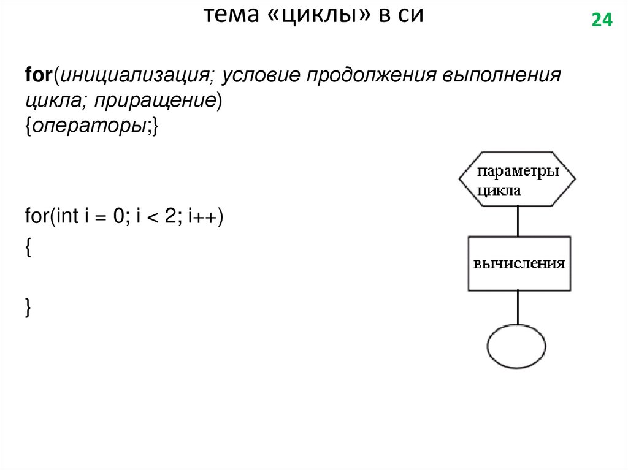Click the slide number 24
pyautogui.click(x=602, y=21)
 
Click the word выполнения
pyautogui.click(x=501, y=77)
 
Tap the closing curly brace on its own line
pyautogui.click(x=28, y=308)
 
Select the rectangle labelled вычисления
pyautogui.click(x=519, y=263)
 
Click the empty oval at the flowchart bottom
pyautogui.click(x=517, y=346)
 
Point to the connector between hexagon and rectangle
pyautogui.click(x=518, y=221)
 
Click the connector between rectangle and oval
pyautogui.click(x=518, y=308)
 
